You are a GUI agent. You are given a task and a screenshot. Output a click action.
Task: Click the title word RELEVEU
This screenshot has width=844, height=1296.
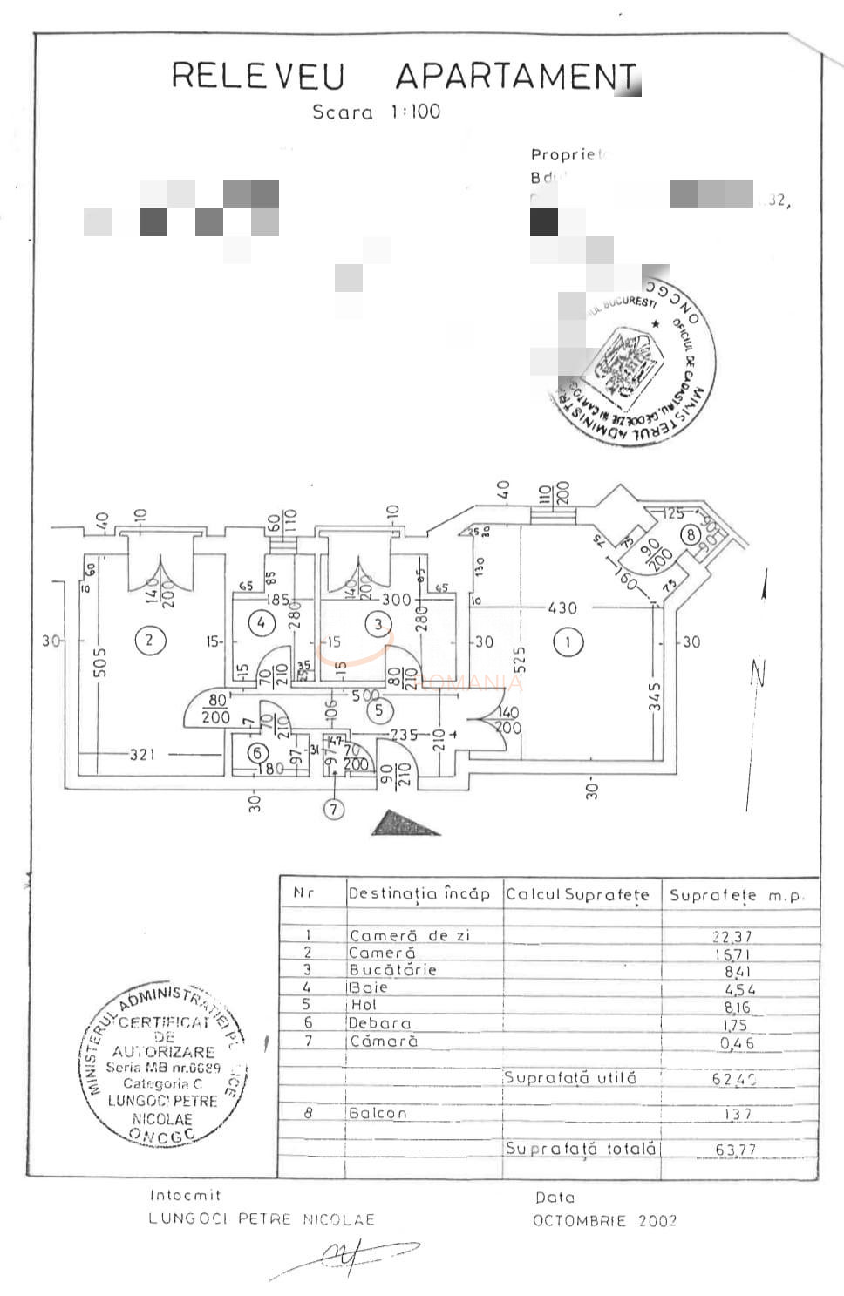[258, 77]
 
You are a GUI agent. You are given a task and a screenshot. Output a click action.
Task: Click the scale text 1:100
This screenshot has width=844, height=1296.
[415, 112]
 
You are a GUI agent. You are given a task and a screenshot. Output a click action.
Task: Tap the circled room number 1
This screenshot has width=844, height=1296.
[568, 643]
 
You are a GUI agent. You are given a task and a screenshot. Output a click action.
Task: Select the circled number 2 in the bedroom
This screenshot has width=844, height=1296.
[149, 641]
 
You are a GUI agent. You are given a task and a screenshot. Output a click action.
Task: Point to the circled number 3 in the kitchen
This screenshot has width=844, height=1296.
[378, 624]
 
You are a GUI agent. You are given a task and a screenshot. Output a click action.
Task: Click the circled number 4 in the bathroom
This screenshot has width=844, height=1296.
[261, 622]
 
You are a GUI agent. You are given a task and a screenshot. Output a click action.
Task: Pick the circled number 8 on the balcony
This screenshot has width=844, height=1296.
[691, 534]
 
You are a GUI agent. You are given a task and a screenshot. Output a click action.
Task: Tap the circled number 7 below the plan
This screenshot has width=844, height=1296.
[334, 810]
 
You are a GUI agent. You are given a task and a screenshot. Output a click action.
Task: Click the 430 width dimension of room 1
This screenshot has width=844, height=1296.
[562, 607]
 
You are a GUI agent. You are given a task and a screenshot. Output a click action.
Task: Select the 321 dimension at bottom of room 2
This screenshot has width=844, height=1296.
[142, 754]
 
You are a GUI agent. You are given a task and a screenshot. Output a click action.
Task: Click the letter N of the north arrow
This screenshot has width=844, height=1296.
[758, 674]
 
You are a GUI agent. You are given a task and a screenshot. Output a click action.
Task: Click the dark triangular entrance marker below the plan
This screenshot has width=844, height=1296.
[403, 824]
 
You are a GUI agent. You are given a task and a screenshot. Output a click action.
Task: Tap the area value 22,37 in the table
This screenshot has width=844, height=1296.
[732, 936]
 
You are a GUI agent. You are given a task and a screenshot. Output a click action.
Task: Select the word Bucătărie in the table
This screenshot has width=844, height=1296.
[392, 970]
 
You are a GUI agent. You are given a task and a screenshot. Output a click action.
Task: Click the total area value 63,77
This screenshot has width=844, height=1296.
[735, 1150]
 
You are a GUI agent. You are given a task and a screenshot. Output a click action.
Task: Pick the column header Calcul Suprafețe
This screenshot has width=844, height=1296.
[577, 894]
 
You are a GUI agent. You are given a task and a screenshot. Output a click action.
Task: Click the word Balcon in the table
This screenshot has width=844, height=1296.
[377, 1113]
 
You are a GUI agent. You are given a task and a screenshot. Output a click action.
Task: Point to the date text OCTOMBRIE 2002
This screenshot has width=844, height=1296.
[604, 1220]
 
